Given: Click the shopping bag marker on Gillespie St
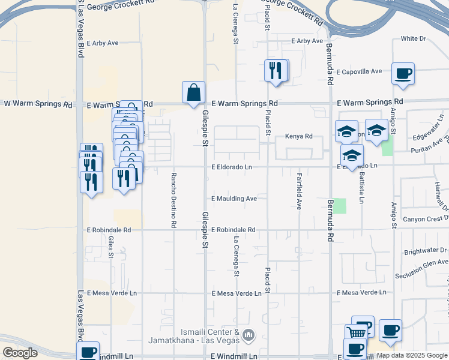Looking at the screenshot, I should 193,93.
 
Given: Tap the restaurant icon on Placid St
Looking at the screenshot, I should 276,71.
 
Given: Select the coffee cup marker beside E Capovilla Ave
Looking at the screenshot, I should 402,74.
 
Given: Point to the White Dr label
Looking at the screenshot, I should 413,38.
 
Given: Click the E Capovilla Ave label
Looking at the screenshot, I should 359,71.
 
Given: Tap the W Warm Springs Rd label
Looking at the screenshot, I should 38,104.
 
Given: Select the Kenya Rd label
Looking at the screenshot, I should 298,136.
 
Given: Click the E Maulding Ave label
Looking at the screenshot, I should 234,199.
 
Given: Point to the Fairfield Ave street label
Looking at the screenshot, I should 298,191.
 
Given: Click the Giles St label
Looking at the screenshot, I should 111,247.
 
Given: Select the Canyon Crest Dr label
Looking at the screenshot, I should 426,218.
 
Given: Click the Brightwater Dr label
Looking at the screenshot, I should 426,251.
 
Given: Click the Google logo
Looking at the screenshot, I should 20,353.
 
